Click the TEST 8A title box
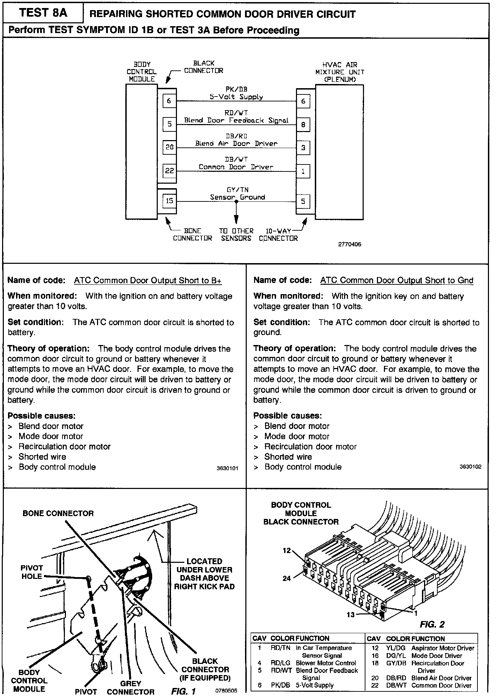click(x=43, y=13)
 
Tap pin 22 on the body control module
click(x=169, y=171)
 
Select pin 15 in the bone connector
click(x=169, y=201)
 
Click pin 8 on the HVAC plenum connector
click(x=303, y=124)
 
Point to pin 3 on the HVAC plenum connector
click(x=303, y=148)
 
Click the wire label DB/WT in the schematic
click(x=236, y=159)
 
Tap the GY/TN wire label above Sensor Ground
click(x=237, y=190)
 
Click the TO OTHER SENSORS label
click(x=236, y=235)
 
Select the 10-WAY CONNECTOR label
click(x=278, y=235)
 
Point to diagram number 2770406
click(x=349, y=244)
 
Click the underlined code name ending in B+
click(x=148, y=281)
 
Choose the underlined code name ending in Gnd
click(x=396, y=281)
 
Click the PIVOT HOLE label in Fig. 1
click(x=32, y=572)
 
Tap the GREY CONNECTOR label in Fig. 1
click(x=131, y=688)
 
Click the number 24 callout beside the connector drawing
click(x=287, y=578)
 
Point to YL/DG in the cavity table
click(x=396, y=648)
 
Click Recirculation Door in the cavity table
click(x=438, y=663)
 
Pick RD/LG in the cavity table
click(x=280, y=663)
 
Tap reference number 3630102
click(x=470, y=467)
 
